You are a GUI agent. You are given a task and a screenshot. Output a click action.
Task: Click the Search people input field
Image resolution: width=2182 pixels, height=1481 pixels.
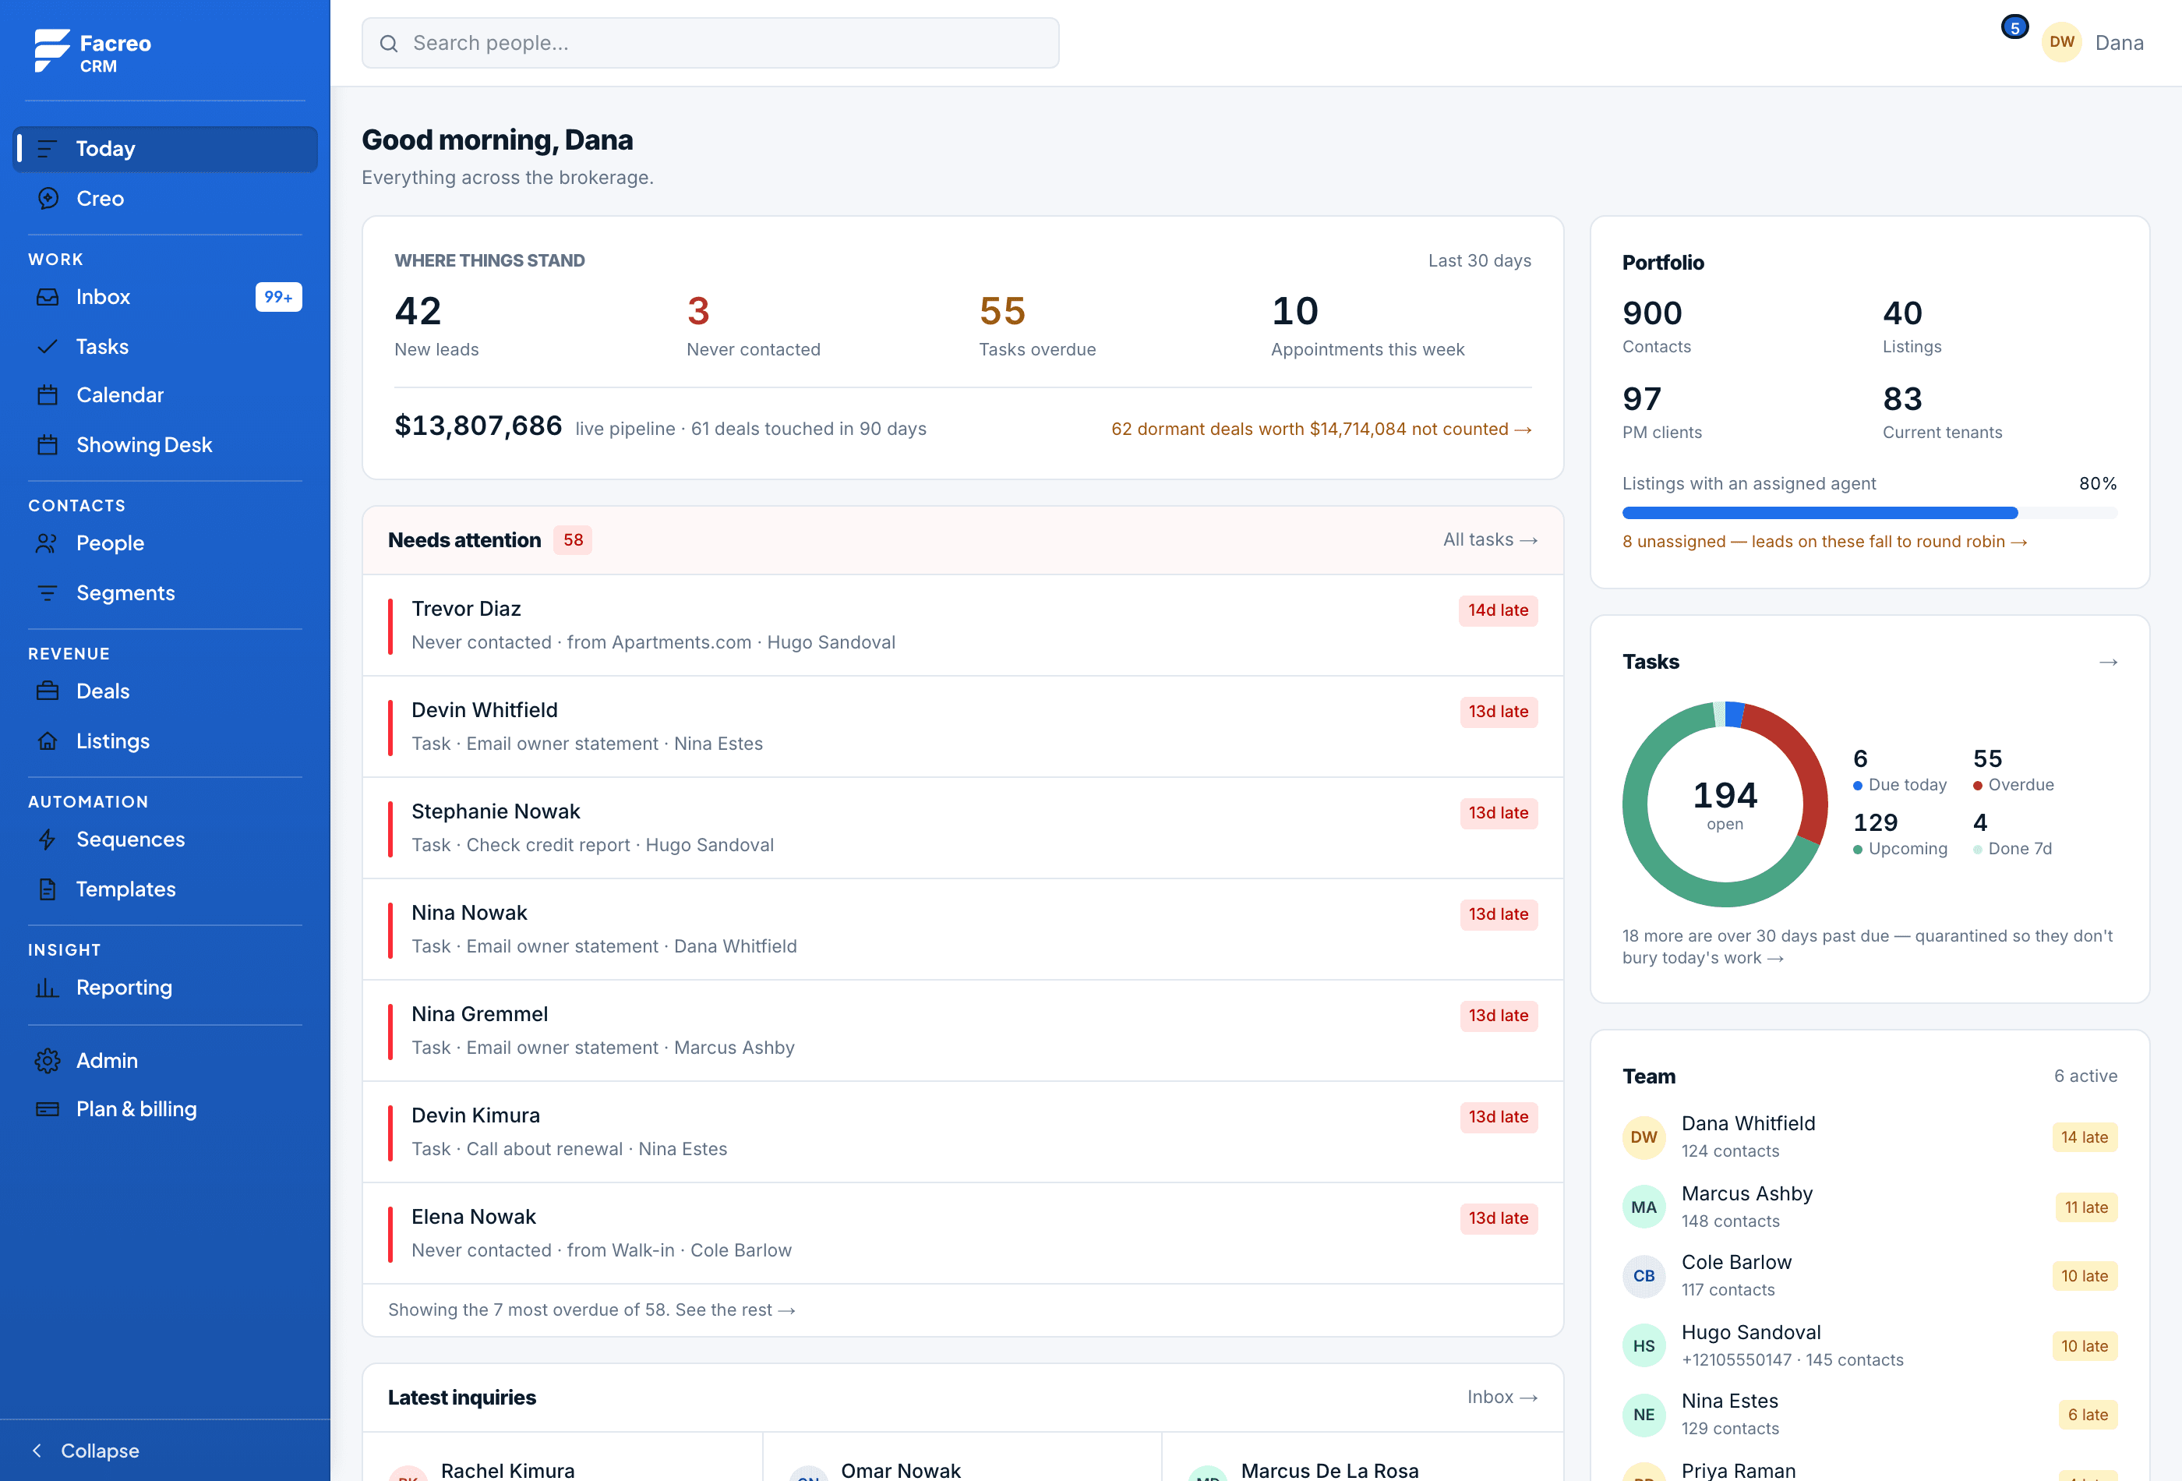(x=710, y=43)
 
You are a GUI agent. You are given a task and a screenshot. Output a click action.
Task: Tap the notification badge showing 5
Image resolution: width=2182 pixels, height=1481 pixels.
(x=2014, y=27)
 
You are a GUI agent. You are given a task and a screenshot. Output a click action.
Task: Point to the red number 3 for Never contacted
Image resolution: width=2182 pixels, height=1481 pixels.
(x=697, y=311)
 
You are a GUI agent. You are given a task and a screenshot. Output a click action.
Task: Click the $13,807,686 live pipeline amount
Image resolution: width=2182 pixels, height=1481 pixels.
(x=478, y=426)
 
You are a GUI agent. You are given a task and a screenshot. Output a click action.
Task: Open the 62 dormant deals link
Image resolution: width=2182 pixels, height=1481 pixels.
(x=1321, y=429)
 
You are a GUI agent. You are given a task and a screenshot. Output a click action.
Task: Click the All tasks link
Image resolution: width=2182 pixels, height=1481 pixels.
(x=1490, y=540)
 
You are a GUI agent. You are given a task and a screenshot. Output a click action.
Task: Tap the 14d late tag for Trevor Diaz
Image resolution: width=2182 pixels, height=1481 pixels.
(x=1498, y=610)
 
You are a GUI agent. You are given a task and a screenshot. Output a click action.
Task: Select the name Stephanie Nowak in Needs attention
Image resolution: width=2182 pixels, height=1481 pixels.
(x=496, y=811)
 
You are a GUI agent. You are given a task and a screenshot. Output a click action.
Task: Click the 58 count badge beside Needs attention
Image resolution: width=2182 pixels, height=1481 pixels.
(x=573, y=540)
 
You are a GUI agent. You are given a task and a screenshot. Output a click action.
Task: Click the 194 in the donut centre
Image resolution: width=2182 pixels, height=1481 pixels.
(x=1725, y=795)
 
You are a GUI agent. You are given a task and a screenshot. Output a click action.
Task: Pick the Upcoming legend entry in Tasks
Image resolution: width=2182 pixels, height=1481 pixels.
(x=1901, y=835)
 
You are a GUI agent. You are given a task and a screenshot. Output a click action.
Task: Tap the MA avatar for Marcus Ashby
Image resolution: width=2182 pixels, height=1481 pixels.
(x=1643, y=1207)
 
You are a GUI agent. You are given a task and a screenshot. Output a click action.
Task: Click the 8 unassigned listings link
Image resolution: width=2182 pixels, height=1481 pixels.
(x=1824, y=542)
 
